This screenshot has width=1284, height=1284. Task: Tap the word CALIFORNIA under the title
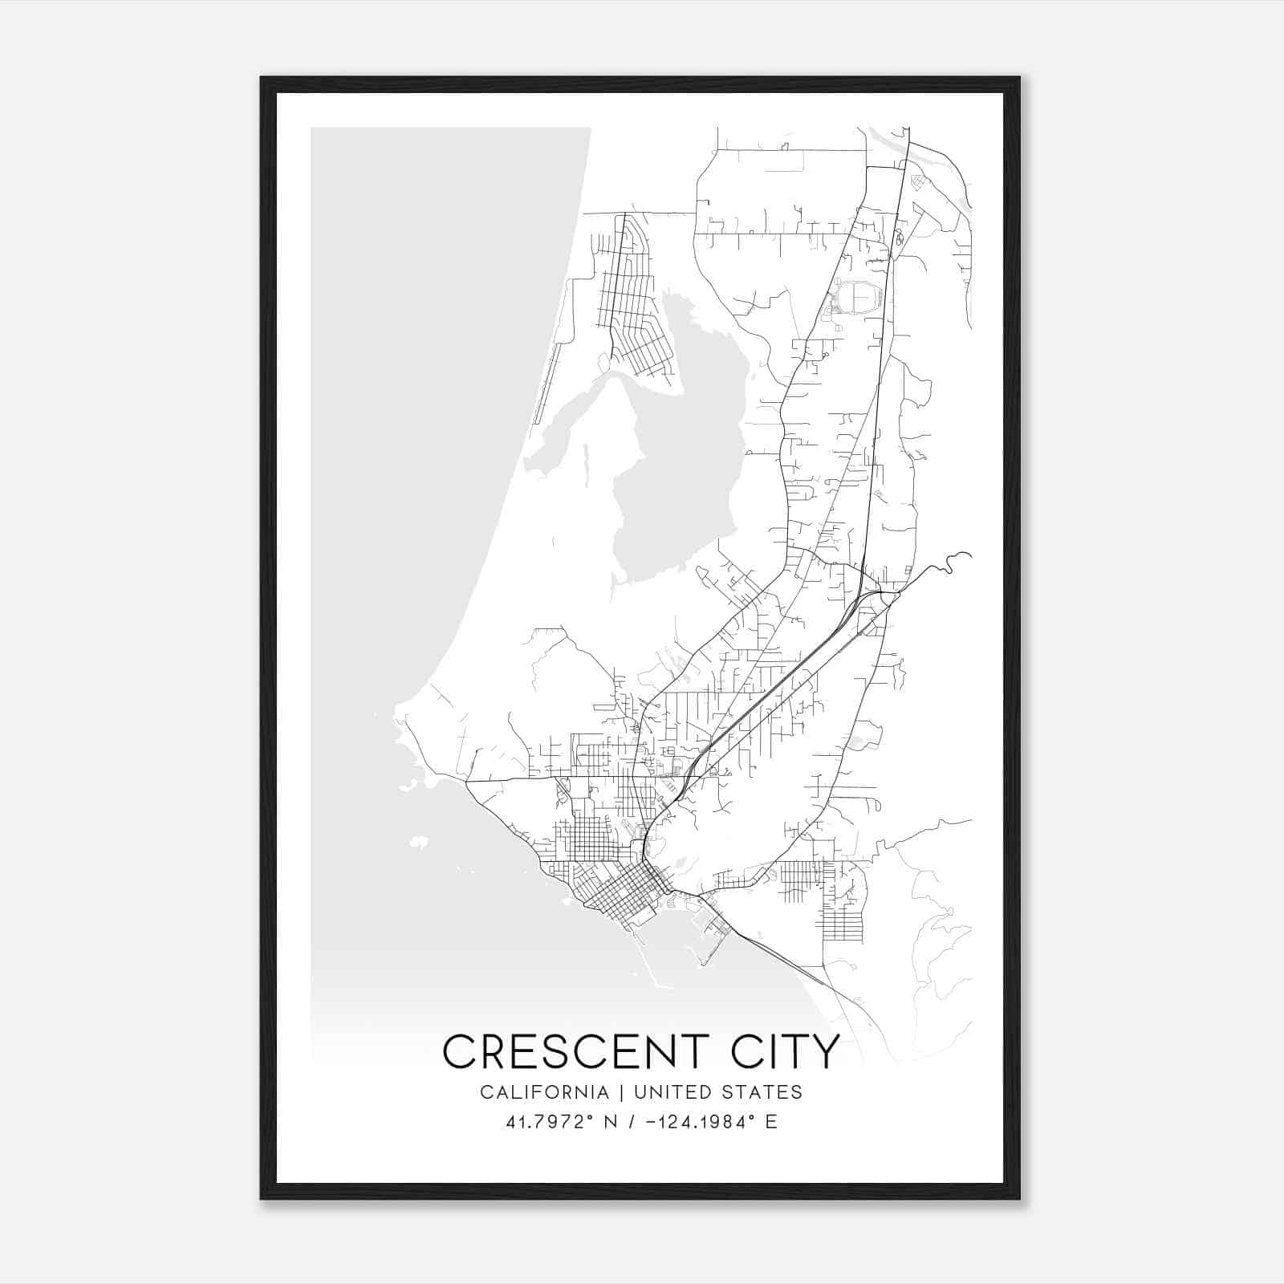[544, 1092]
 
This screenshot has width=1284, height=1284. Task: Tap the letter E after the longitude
[771, 1122]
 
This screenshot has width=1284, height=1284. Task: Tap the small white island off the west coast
[418, 843]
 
